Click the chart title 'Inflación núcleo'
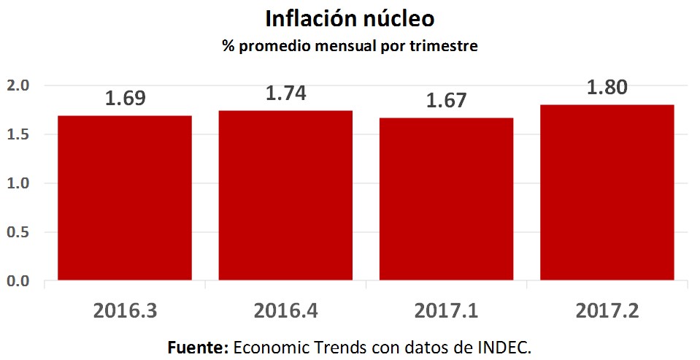coord(350,18)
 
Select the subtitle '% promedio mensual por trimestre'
coord(350,47)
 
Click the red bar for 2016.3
coord(125,198)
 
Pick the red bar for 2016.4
coord(285,196)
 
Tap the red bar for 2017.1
coord(446,199)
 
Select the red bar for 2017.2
coord(607,193)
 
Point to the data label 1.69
coord(125,99)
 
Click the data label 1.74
coord(285,93)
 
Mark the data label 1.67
coord(446,100)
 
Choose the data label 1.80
coord(607,88)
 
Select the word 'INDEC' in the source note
coord(502,346)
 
